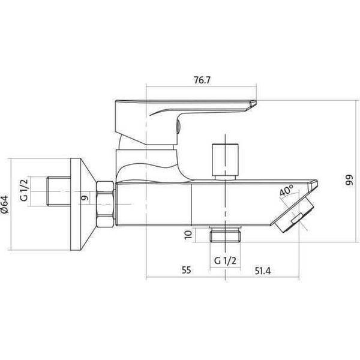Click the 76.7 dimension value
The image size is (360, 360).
click(202, 80)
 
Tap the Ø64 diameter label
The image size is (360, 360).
click(5, 205)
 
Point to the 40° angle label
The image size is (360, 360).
click(287, 190)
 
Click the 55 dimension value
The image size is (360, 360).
click(186, 270)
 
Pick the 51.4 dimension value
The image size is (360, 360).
click(263, 271)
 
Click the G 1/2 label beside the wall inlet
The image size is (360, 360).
click(24, 190)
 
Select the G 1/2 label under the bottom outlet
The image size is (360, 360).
click(225, 260)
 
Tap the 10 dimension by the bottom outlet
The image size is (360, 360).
click(188, 235)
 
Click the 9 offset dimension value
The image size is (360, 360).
click(85, 197)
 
